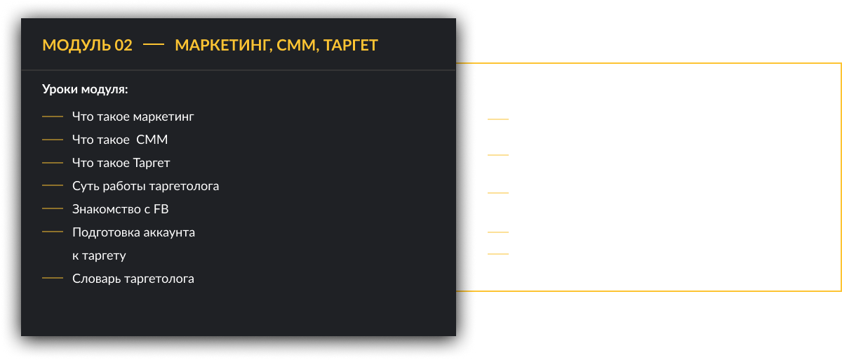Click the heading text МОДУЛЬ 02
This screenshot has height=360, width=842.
click(x=88, y=46)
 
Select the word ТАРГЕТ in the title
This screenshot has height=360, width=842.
click(x=351, y=46)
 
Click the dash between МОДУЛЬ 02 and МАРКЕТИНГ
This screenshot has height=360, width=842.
click(x=154, y=45)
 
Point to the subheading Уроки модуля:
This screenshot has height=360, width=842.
click(x=85, y=89)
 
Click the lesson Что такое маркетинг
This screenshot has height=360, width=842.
click(x=133, y=116)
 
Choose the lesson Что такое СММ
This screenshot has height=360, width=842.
click(x=120, y=140)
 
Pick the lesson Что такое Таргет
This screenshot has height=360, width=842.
click(x=121, y=163)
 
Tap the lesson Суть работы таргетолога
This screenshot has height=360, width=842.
click(x=145, y=186)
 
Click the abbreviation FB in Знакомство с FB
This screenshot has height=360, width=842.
click(x=161, y=209)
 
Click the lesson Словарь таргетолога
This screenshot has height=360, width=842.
click(x=133, y=279)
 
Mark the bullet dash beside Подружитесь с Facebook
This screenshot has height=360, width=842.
click(x=498, y=232)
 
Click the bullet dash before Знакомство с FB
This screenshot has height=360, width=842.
click(x=53, y=209)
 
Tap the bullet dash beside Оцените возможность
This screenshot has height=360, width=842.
click(x=498, y=154)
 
